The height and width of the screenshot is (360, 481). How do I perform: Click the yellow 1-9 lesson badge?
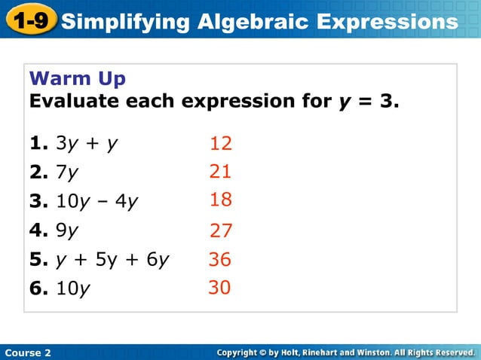(x=31, y=20)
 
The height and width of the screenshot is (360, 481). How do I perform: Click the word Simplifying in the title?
(x=125, y=22)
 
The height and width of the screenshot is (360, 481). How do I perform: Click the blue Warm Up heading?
(x=77, y=78)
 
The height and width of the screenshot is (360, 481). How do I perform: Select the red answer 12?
(x=221, y=143)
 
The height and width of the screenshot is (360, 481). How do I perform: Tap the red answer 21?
(x=220, y=172)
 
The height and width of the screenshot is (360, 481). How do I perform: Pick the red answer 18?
(x=221, y=200)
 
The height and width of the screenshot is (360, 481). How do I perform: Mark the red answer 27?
(x=221, y=230)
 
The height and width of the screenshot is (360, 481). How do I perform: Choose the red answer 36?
(x=220, y=260)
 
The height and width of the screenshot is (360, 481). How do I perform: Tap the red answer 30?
(x=219, y=288)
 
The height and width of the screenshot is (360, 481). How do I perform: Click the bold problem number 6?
(x=36, y=288)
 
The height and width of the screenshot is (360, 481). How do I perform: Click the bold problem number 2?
(x=36, y=172)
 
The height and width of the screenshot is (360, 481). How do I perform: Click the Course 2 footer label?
(x=28, y=352)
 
